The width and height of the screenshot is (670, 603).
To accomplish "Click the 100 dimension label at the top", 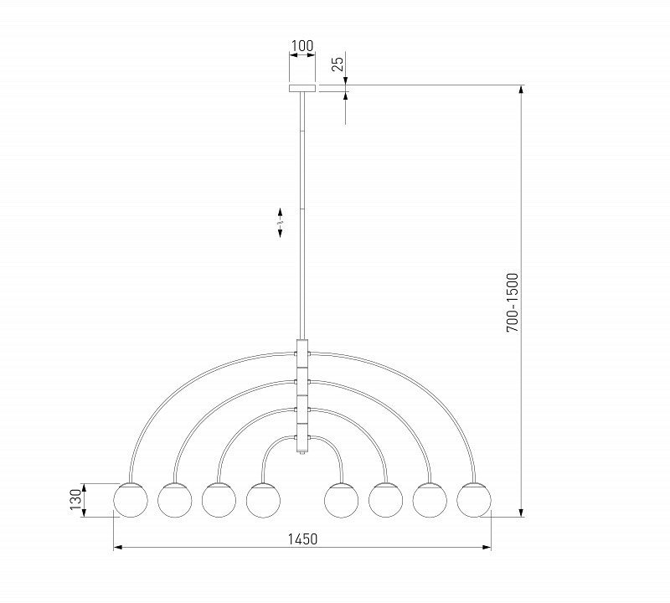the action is point(302,46).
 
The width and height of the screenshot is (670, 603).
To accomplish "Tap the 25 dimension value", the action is point(338,64).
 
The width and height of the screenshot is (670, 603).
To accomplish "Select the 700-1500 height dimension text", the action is point(512,302).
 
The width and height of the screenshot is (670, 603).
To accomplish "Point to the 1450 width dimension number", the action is point(302,539).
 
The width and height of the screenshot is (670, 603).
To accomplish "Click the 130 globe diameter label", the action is point(75,500).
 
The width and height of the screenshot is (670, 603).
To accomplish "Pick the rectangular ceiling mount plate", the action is point(302,89).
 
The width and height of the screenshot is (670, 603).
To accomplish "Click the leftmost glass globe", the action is point(131,500).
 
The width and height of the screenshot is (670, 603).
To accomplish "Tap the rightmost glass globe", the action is point(474,500).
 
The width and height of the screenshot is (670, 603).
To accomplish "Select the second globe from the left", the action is point(175,500).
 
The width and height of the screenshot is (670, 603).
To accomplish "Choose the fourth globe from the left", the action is point(263,500).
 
